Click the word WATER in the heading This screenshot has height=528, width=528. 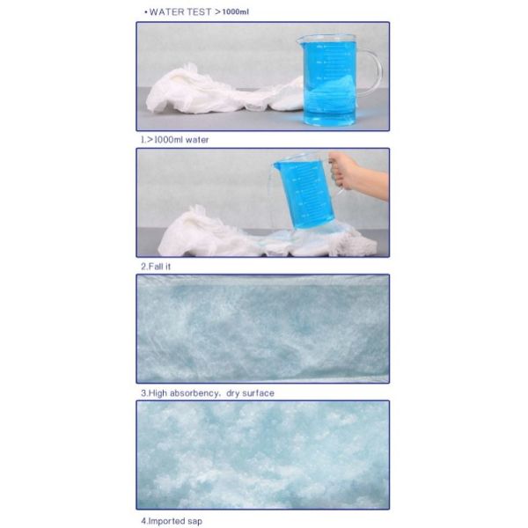[x=167, y=11]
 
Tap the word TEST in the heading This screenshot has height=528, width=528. [x=200, y=11]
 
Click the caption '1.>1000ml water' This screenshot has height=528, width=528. [x=174, y=139]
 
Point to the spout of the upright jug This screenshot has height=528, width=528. [x=300, y=37]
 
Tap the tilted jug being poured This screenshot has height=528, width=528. [x=304, y=189]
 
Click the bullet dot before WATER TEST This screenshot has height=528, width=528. [x=144, y=11]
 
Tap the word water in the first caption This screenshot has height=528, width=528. [x=196, y=139]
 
